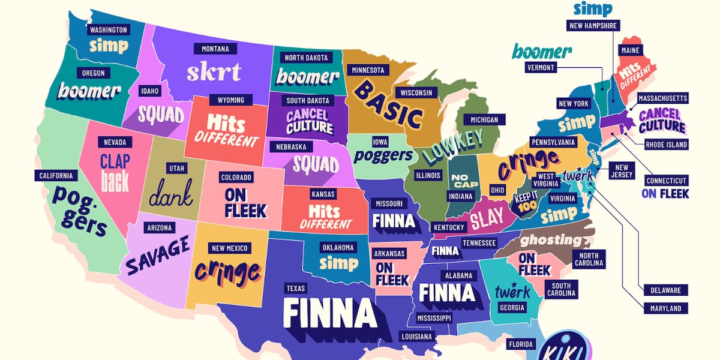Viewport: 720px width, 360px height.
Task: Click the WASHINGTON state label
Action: pyautogui.click(x=108, y=29)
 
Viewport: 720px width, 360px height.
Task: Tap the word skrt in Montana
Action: pyautogui.click(x=214, y=71)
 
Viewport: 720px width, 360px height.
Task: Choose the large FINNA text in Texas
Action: pyautogui.click(x=329, y=314)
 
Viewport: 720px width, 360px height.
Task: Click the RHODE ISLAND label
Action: pyautogui.click(x=666, y=145)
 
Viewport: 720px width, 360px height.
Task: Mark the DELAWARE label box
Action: pyautogui.click(x=665, y=290)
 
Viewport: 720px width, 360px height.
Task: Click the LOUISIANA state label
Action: pyautogui.click(x=416, y=337)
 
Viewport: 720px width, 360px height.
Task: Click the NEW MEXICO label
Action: pyautogui.click(x=229, y=248)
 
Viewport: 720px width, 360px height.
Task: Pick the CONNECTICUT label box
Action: pyautogui.click(x=666, y=181)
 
